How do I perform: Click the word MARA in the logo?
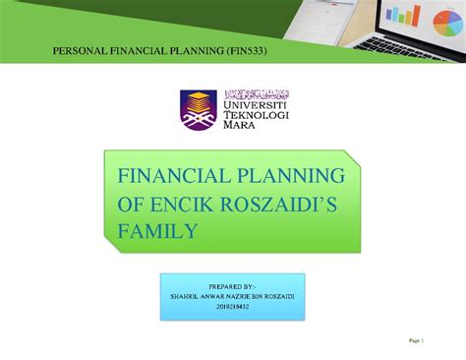click(x=241, y=127)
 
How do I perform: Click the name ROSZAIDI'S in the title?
click(x=290, y=205)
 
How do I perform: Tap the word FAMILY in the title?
click(x=158, y=232)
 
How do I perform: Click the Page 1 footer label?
click(x=415, y=341)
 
